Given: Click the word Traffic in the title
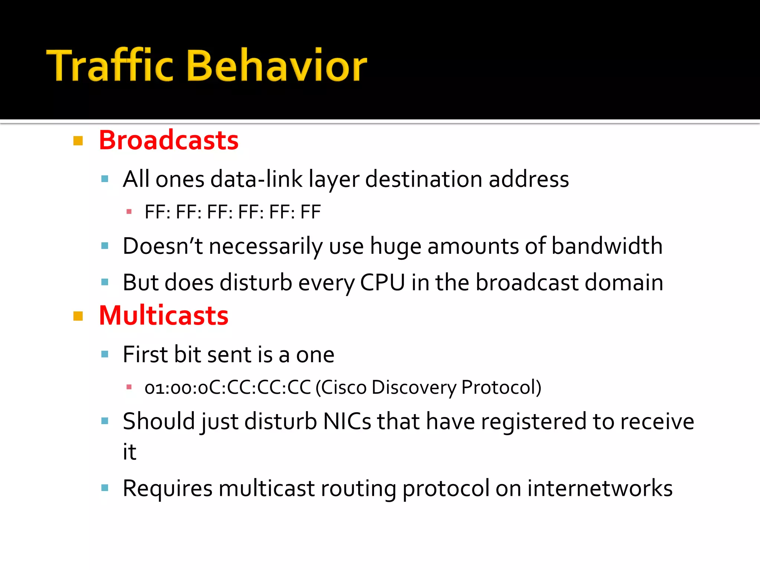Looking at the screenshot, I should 109,66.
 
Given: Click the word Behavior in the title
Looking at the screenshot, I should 277,66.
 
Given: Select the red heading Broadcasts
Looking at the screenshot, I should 168,141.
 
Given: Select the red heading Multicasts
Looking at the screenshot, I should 164,316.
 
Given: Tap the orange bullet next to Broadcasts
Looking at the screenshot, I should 78,141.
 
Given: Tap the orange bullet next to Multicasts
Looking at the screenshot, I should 78,316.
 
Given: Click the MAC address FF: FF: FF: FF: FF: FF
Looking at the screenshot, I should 233,212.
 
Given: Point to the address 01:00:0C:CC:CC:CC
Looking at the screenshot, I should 227,387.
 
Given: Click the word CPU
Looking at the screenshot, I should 382,283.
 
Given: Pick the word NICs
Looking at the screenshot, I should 347,422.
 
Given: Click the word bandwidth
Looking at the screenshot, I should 607,246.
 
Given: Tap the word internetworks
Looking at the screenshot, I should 600,488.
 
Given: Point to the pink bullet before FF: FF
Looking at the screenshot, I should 129,212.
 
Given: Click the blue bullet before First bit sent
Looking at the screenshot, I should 105,354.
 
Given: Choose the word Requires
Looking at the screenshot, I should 167,488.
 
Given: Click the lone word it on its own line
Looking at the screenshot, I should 130,452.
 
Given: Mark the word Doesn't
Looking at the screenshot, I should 163,246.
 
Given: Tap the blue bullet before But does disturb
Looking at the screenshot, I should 105,282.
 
